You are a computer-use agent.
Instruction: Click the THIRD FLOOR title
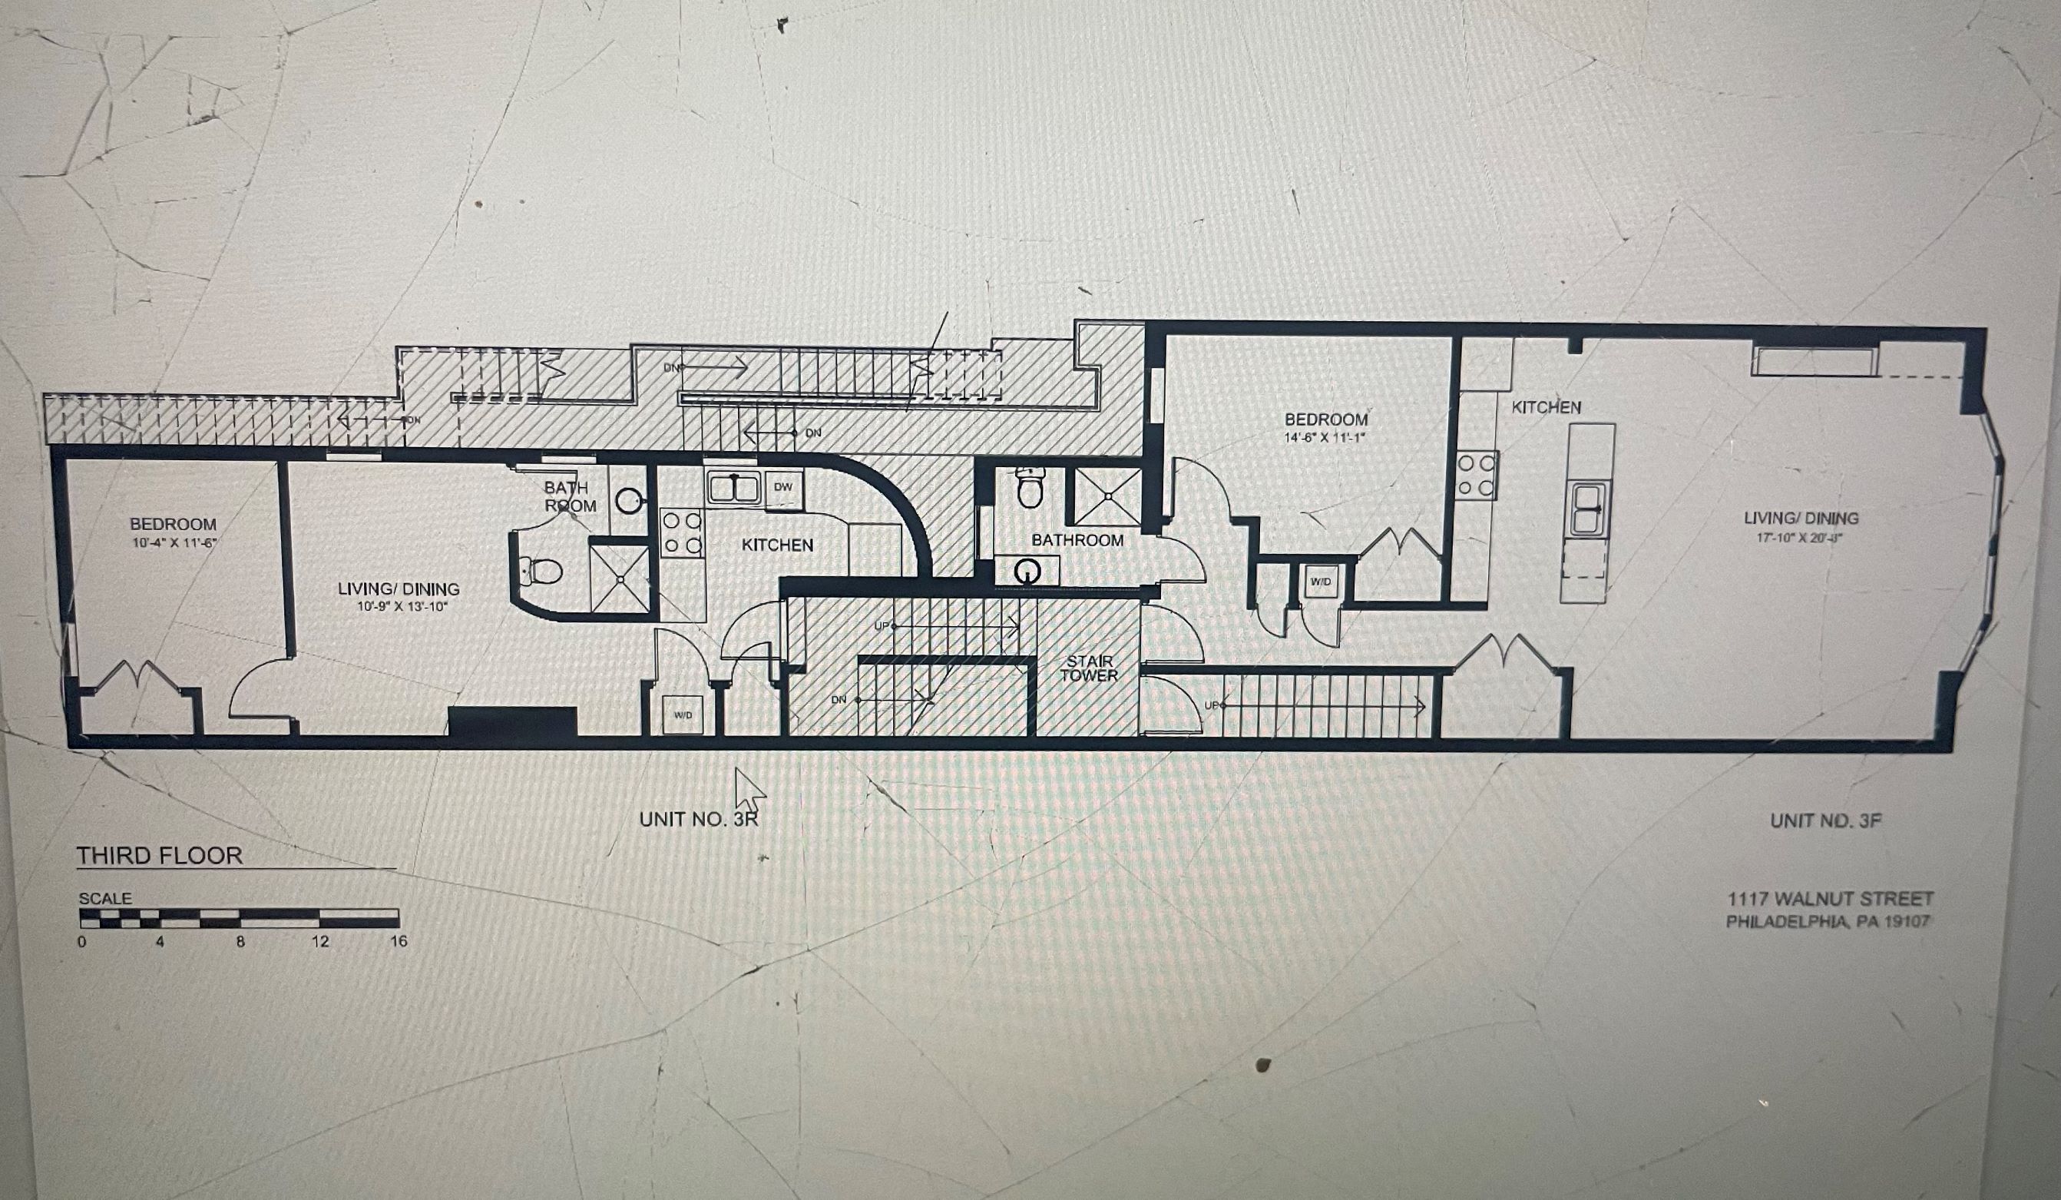tap(160, 856)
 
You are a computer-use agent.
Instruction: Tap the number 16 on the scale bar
tap(399, 942)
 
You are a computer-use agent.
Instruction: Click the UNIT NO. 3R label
tap(699, 819)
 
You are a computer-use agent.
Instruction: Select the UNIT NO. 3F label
tap(1825, 820)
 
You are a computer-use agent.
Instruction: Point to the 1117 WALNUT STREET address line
tap(1830, 899)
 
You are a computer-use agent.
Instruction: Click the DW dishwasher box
tap(782, 488)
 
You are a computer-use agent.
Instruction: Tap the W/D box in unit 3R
tap(683, 715)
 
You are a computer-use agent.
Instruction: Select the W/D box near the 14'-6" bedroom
tap(1321, 582)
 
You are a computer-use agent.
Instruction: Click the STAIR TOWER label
tap(1090, 668)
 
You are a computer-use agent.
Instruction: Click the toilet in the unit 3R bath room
tap(541, 569)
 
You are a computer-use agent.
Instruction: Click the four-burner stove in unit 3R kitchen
tap(681, 532)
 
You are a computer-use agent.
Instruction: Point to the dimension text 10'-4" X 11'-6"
tap(174, 542)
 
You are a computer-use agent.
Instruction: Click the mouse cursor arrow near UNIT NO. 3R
tap(746, 787)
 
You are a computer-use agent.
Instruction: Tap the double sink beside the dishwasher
tap(733, 488)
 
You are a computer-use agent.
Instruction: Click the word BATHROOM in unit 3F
tap(1077, 541)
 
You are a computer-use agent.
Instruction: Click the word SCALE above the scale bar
tap(104, 899)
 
